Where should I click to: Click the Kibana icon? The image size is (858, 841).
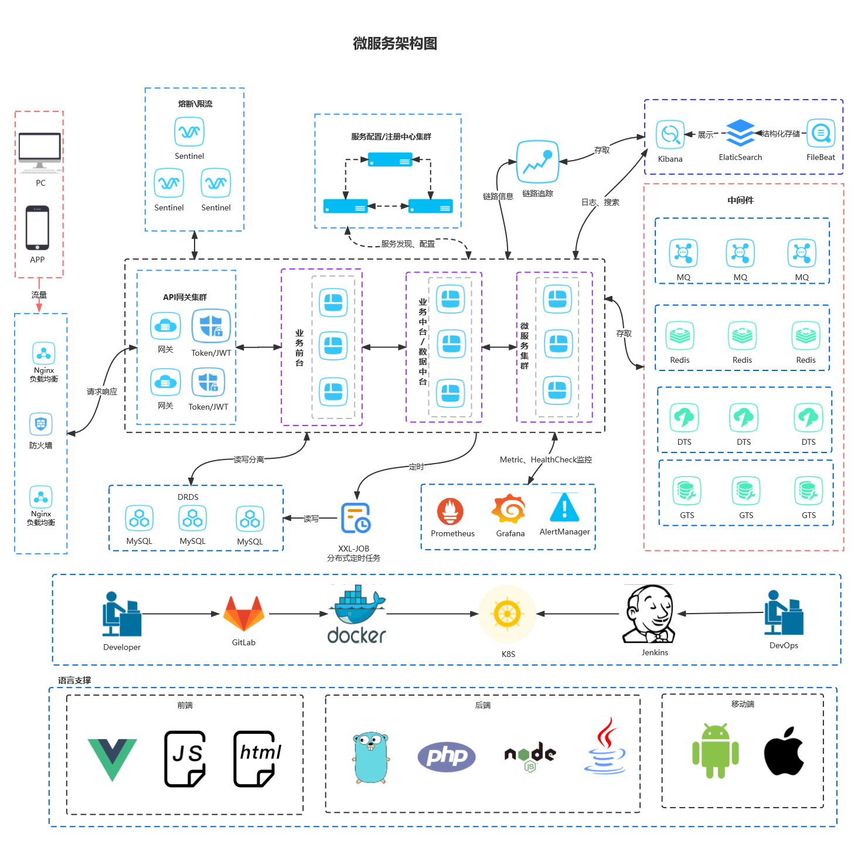click(670, 135)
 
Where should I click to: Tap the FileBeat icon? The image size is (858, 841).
click(820, 134)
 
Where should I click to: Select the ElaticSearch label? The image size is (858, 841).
click(740, 157)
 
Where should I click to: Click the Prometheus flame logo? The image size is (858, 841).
click(450, 511)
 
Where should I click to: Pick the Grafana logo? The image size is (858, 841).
click(508, 509)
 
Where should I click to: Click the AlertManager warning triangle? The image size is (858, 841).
click(564, 508)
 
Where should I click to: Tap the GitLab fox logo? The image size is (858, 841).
click(244, 614)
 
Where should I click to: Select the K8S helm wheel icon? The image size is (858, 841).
click(508, 614)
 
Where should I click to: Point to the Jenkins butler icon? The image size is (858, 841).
click(649, 614)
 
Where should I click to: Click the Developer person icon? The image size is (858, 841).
click(121, 614)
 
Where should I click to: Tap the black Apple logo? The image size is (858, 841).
click(784, 751)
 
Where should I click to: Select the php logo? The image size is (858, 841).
click(447, 757)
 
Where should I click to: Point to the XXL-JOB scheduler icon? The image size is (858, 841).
click(356, 518)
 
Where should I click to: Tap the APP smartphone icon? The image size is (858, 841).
click(38, 227)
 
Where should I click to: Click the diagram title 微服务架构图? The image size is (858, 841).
click(395, 43)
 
